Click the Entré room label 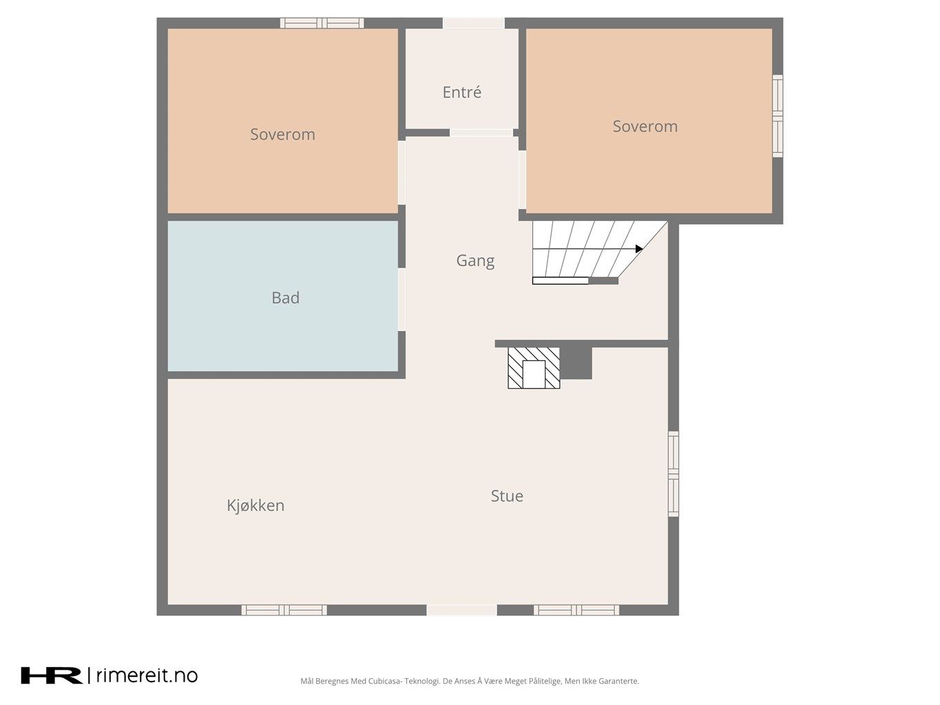pos(461,92)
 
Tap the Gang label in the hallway pos(475,261)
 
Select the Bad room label pos(285,297)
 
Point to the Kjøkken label pos(255,505)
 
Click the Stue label pos(507,496)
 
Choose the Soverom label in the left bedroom pos(282,134)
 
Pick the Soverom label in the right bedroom pos(645,126)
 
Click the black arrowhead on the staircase pos(639,249)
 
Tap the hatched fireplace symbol pos(534,368)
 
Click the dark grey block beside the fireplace pos(576,363)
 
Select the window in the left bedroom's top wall pos(322,23)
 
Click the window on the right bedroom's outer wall pos(777,116)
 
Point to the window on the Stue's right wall pos(673,474)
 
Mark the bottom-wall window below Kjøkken pos(284,610)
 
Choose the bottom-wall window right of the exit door pos(576,610)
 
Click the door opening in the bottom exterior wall pos(461,610)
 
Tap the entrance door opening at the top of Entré pos(474,23)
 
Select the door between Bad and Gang pos(401,299)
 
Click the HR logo pos(52,675)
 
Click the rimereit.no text pos(147,675)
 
